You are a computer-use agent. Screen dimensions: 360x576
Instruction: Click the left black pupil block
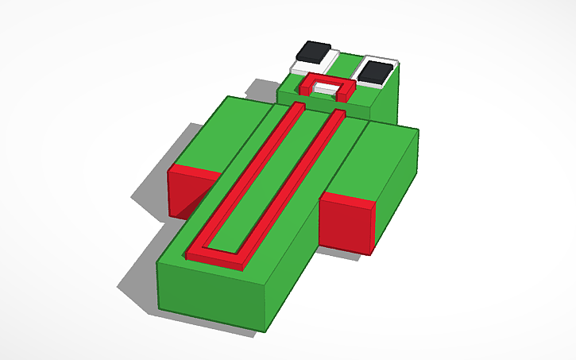(x=317, y=52)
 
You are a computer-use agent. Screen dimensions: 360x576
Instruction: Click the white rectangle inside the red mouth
(x=325, y=89)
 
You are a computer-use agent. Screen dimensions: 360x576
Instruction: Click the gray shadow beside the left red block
(x=151, y=195)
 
